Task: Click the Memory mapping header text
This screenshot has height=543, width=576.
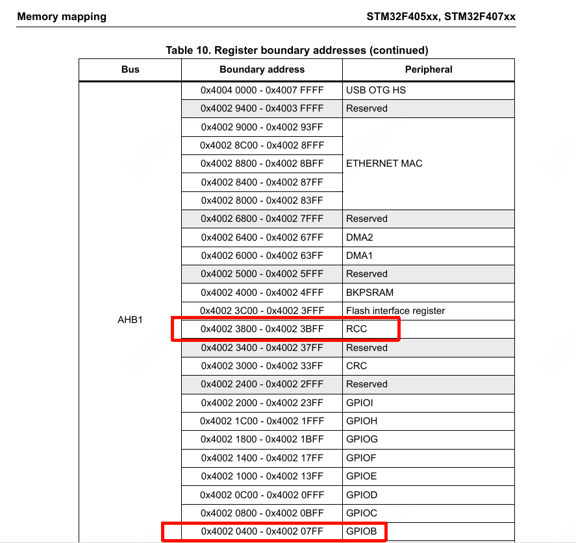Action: [x=61, y=16]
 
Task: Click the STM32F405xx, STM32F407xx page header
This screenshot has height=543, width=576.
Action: [x=441, y=16]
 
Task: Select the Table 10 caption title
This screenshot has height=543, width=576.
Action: [x=297, y=50]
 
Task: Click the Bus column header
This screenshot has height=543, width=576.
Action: [x=130, y=69]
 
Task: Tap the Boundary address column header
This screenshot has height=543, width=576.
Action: [x=262, y=69]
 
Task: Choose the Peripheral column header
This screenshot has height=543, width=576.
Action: [x=429, y=69]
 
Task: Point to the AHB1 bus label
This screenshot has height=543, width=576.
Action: [x=130, y=320]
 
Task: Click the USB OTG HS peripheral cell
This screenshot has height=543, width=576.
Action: [x=376, y=90]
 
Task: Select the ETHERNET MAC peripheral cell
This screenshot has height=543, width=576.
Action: [x=384, y=163]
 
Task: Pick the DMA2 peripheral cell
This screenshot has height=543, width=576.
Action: [x=360, y=237]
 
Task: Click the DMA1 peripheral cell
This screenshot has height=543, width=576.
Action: [x=360, y=256]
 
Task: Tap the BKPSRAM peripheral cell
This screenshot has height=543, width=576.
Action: [x=369, y=293]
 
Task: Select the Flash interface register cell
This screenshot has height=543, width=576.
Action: [x=395, y=311]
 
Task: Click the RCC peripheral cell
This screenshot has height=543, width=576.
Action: [x=357, y=329]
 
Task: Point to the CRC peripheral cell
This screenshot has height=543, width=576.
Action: [x=357, y=366]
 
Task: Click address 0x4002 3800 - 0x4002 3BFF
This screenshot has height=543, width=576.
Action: [x=262, y=329]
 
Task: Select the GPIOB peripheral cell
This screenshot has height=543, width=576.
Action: [x=361, y=532]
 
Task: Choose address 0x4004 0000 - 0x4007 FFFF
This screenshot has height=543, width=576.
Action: [x=262, y=90]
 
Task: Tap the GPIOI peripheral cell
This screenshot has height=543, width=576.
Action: [x=359, y=403]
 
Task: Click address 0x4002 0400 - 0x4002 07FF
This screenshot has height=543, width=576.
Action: [x=262, y=532]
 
